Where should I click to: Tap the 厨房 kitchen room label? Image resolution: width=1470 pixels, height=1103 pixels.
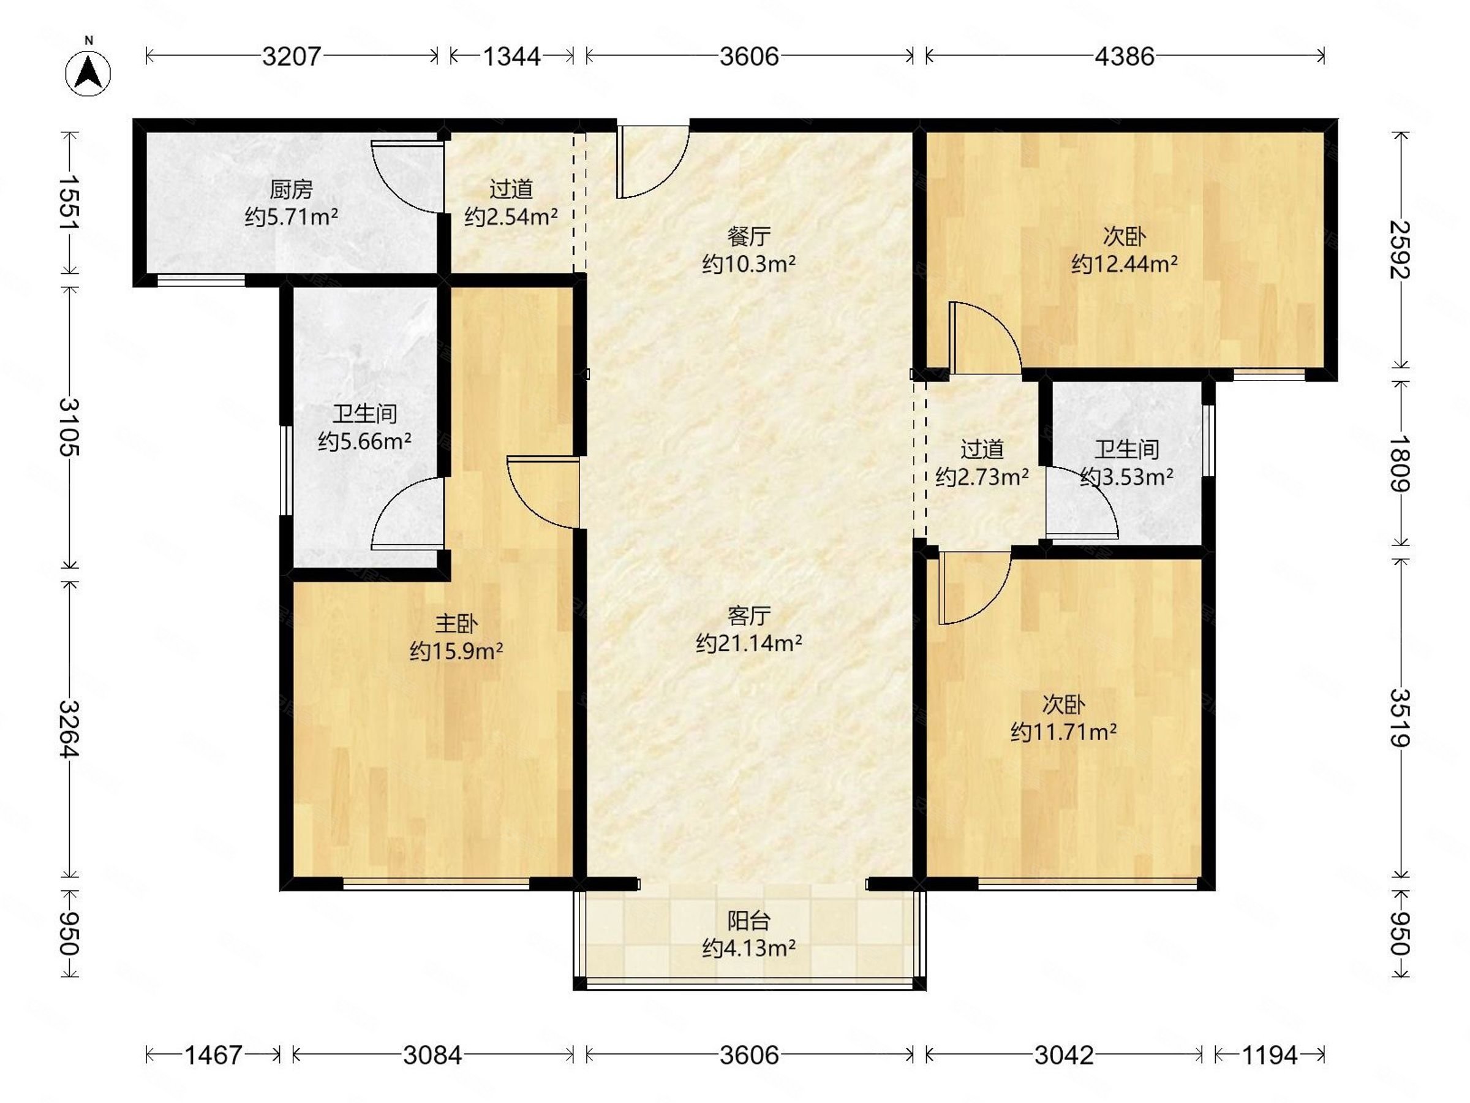coord(291,190)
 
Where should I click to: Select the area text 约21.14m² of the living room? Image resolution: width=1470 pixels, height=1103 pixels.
coord(749,643)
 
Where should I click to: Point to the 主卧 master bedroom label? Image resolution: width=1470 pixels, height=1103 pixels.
coord(456,624)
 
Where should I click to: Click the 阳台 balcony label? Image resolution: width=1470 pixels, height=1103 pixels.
coord(749,921)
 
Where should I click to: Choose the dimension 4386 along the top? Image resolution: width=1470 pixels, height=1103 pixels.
coord(1125,56)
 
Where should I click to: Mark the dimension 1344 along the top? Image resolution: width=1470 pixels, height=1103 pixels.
coord(511,56)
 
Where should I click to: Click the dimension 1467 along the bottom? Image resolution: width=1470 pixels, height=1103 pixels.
coord(213,1055)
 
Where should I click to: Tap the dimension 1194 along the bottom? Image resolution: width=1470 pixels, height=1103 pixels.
coord(1269,1055)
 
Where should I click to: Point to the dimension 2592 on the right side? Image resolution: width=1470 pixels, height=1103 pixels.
coord(1400,249)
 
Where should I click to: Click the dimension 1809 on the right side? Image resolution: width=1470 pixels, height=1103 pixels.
coord(1400,463)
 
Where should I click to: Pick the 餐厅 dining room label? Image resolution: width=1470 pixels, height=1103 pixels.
coord(749,236)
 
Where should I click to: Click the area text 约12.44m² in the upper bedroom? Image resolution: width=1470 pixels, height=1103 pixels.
coord(1125,265)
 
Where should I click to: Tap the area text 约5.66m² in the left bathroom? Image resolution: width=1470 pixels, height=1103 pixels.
coord(365,441)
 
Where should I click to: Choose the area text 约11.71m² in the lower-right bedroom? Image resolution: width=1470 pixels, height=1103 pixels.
coord(1063,733)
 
